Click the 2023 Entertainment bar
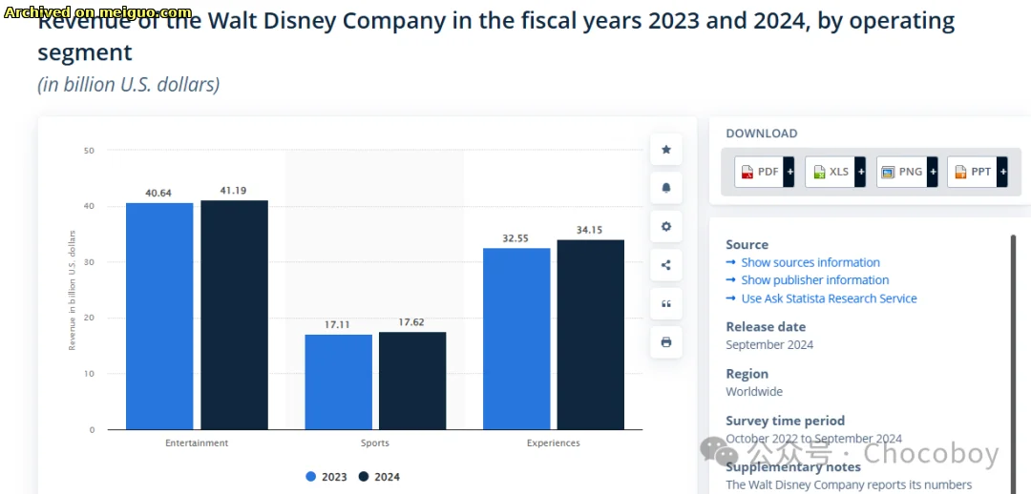159,316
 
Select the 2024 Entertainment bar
234,315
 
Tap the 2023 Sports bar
338,381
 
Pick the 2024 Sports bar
412,381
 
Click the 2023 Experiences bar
516,339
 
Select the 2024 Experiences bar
590,334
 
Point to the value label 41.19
234,191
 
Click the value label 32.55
516,238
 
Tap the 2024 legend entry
379,477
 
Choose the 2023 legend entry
326,477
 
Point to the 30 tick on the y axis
89,262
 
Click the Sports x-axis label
375,443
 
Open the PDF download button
765,172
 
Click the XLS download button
835,172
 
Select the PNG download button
907,172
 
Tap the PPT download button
978,172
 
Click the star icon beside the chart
666,150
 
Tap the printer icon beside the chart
666,341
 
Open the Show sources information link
810,262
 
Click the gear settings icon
666,226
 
